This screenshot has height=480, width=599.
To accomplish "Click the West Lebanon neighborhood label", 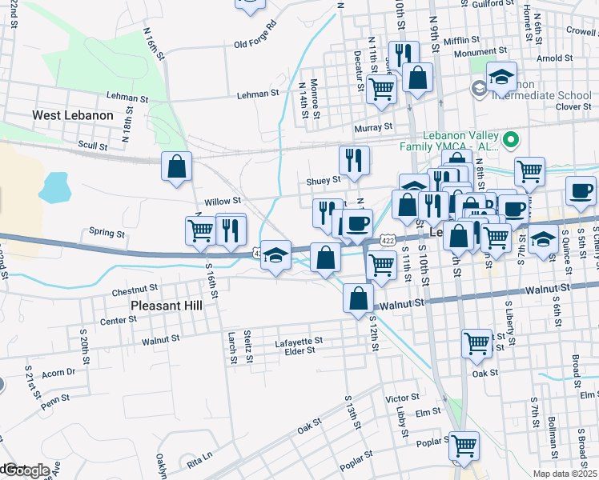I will [x=73, y=115].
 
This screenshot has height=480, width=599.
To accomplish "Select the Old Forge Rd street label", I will [x=255, y=46].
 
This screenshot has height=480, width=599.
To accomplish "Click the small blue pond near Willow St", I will [x=54, y=188].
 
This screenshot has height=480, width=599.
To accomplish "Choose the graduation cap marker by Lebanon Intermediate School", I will [x=501, y=78].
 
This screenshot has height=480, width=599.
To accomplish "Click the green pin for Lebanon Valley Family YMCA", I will [x=510, y=141].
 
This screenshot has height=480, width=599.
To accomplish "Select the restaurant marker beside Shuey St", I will [x=353, y=161].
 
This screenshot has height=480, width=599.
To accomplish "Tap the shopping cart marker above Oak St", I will [x=477, y=343].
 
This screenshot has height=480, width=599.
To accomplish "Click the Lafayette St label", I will [x=298, y=341].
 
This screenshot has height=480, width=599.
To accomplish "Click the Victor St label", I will [x=402, y=398].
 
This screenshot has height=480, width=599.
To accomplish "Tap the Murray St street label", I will [x=375, y=126].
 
